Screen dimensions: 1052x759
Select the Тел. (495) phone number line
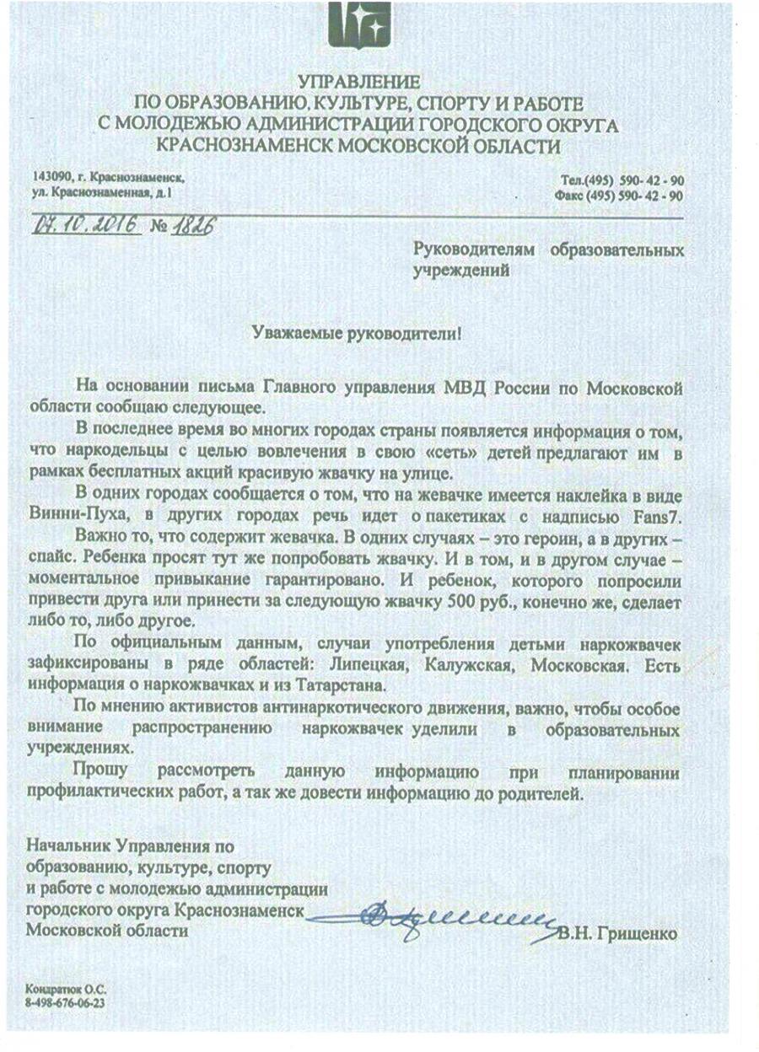pyautogui.click(x=622, y=181)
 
